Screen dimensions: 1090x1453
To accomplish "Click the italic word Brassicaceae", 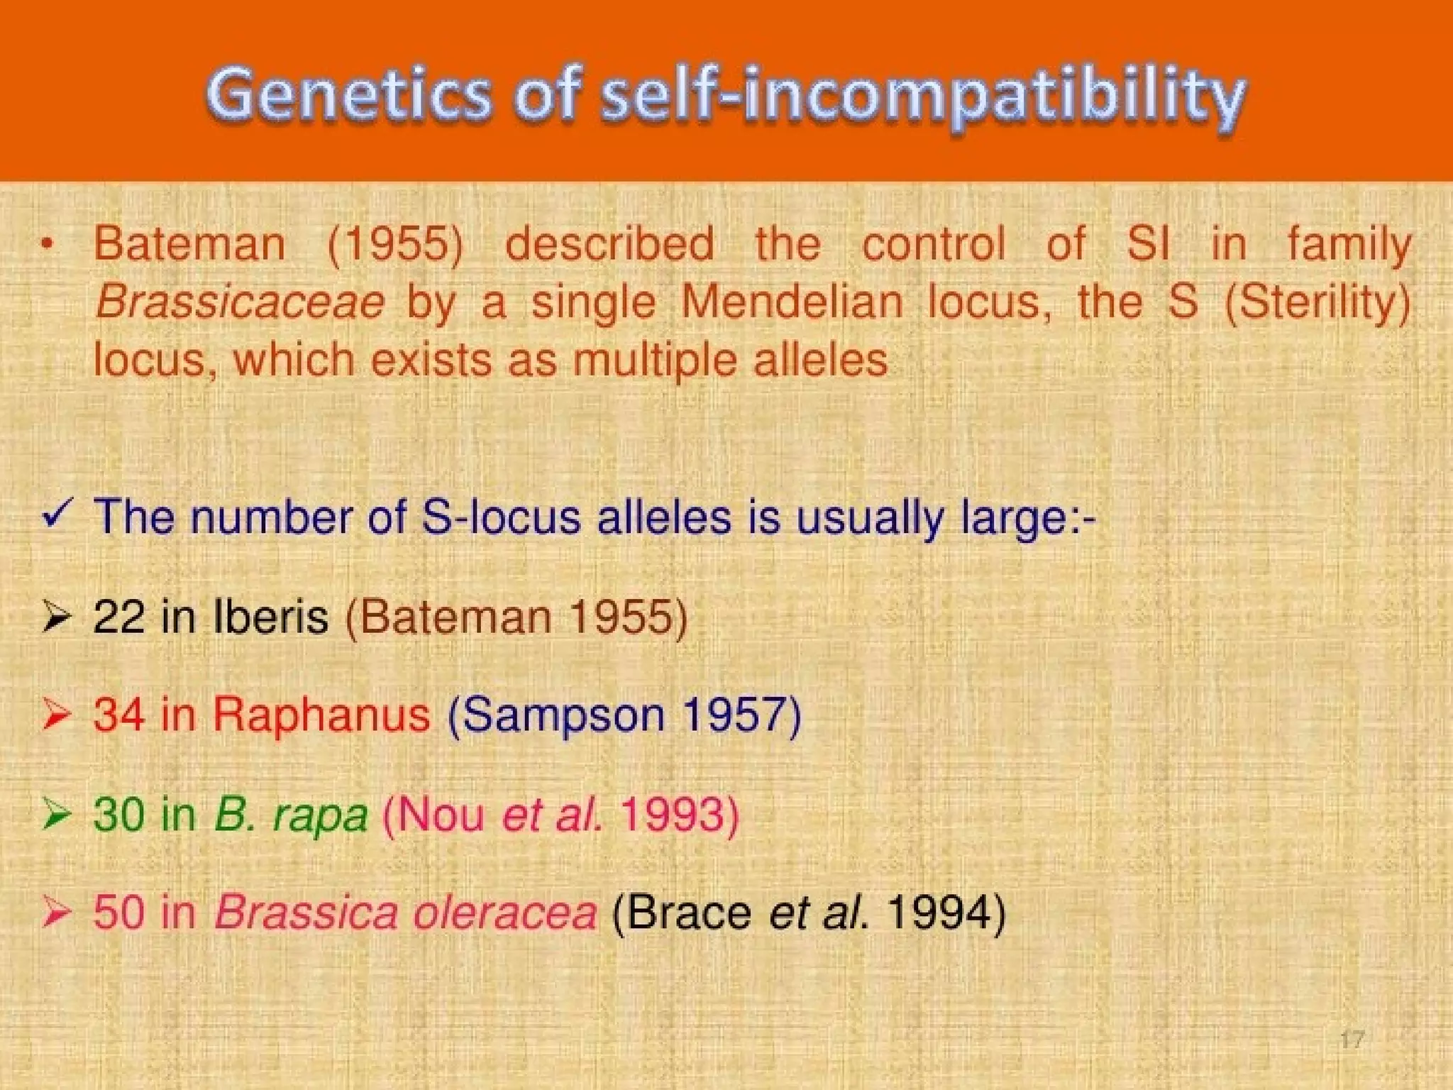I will (x=240, y=302).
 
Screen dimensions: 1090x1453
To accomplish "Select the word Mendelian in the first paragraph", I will (x=792, y=302).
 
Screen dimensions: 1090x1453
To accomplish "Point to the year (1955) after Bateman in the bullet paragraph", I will (x=395, y=244).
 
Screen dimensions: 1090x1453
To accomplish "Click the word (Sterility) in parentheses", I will (x=1318, y=302).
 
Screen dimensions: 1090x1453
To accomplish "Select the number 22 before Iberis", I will (x=118, y=616).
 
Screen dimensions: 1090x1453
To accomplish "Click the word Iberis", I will (x=270, y=616).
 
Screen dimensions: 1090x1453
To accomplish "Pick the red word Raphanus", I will (x=321, y=714).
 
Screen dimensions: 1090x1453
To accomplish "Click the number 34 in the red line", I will (x=118, y=714).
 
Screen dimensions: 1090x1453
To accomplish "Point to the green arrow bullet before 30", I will (x=56, y=813).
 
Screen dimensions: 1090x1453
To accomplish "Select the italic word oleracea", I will (x=504, y=912).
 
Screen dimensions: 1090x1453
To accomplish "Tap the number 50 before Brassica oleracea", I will (x=118, y=912).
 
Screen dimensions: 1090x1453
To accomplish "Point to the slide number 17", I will (x=1352, y=1040).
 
